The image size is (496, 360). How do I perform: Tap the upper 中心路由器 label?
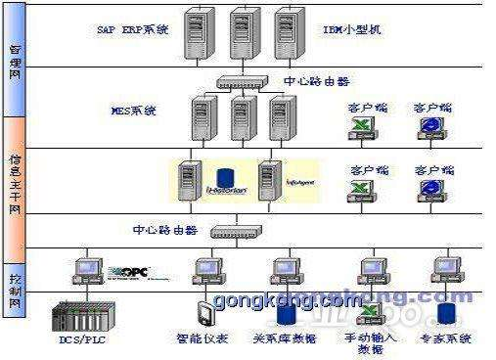coord(316,81)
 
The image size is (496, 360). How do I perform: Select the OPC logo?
coord(127,271)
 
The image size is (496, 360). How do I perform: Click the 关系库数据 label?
coord(285,338)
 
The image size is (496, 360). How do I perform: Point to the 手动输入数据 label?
coord(371,342)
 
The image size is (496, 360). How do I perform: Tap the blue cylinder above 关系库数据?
coord(286,313)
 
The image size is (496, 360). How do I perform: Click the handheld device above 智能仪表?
coord(203,314)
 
